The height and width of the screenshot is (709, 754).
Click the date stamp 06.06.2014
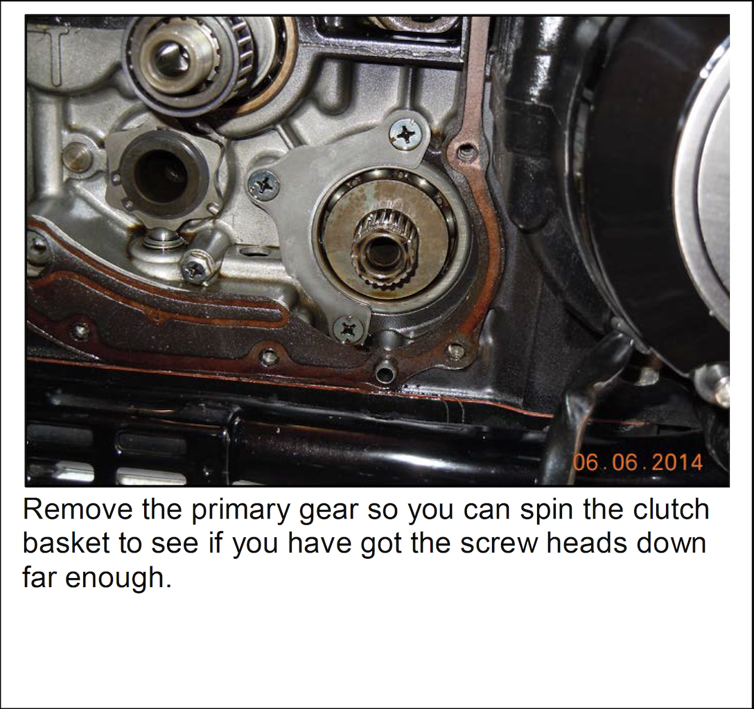pos(638,462)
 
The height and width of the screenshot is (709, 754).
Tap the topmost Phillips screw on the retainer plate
pos(407,134)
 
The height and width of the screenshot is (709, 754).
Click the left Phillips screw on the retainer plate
pos(263,184)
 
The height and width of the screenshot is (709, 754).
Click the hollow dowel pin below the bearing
pos(383,374)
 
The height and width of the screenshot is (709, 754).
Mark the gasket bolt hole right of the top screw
pos(464,153)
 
